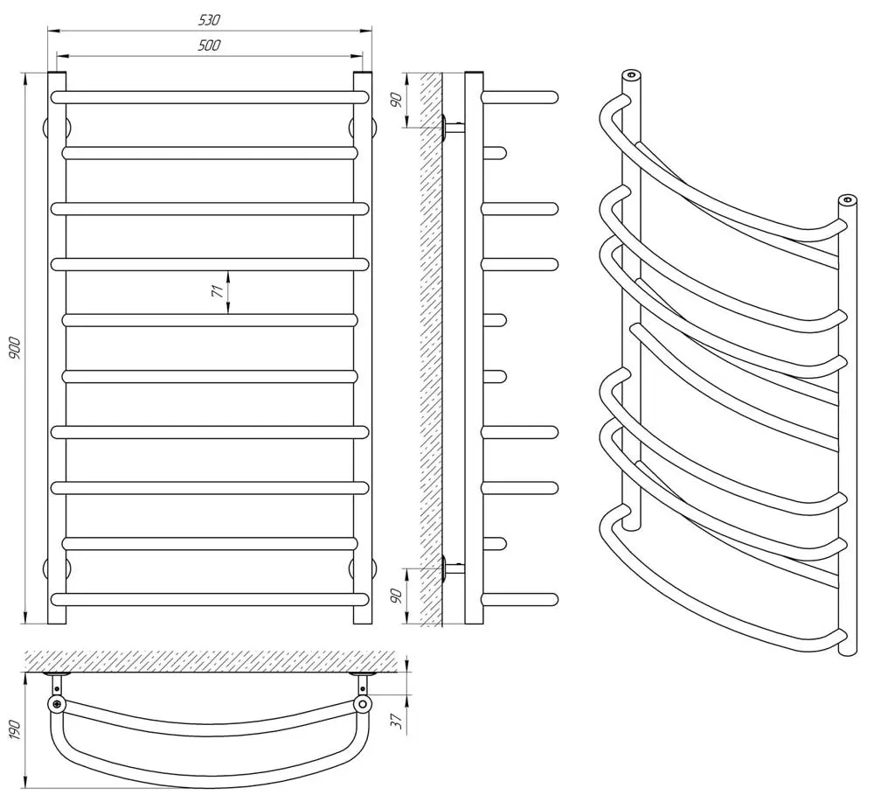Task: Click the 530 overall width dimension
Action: tap(209, 19)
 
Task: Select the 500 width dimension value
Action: tap(209, 45)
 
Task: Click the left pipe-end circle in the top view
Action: tap(57, 703)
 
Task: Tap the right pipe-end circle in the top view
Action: tap(362, 703)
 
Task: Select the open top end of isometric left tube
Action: tap(631, 74)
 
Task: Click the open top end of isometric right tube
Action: tap(847, 199)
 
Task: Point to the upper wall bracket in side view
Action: tap(453, 128)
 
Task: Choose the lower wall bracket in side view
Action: tap(453, 569)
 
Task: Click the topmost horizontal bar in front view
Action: tap(209, 97)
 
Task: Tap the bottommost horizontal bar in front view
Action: tap(209, 599)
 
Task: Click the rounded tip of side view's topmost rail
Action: tap(551, 97)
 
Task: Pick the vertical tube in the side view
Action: tap(473, 350)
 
